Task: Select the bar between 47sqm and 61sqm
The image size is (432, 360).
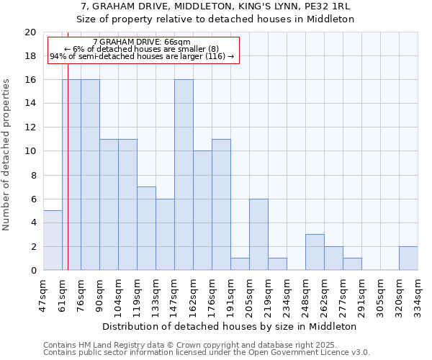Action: tap(53, 240)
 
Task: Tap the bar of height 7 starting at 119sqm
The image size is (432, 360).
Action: tap(146, 228)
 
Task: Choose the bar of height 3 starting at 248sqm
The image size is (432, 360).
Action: tap(315, 252)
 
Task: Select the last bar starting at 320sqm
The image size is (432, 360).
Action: tap(408, 258)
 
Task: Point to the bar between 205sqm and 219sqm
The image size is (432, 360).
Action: tap(258, 235)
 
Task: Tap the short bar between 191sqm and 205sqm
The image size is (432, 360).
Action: tap(240, 264)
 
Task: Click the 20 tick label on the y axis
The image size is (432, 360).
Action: tap(30, 32)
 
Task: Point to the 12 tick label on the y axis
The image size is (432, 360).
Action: tap(30, 127)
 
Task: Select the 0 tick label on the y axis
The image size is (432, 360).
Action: tap(32, 271)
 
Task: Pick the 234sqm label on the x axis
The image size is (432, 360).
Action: tap(287, 293)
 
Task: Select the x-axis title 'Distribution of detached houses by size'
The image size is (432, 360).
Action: tap(230, 326)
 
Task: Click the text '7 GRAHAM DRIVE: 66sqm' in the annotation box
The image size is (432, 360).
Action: tap(142, 42)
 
